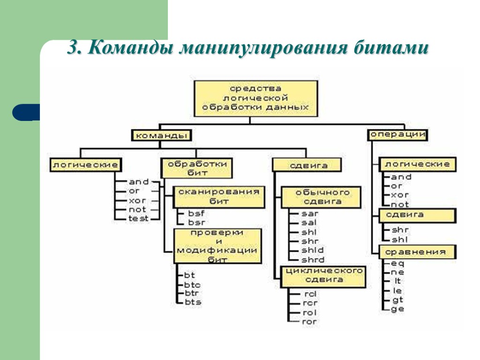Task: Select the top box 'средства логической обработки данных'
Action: (255, 98)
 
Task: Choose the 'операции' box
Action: (398, 135)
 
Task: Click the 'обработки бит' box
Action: (197, 168)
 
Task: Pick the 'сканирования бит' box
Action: (217, 196)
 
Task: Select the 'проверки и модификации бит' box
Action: (217, 246)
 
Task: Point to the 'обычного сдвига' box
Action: (322, 197)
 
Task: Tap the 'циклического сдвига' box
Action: (322, 275)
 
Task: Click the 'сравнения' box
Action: (417, 252)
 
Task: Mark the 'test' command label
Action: (138, 218)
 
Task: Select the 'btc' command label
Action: (192, 285)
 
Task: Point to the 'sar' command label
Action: (310, 214)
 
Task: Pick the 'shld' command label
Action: (313, 250)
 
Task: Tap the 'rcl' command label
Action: (310, 294)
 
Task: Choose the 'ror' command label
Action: (310, 322)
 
